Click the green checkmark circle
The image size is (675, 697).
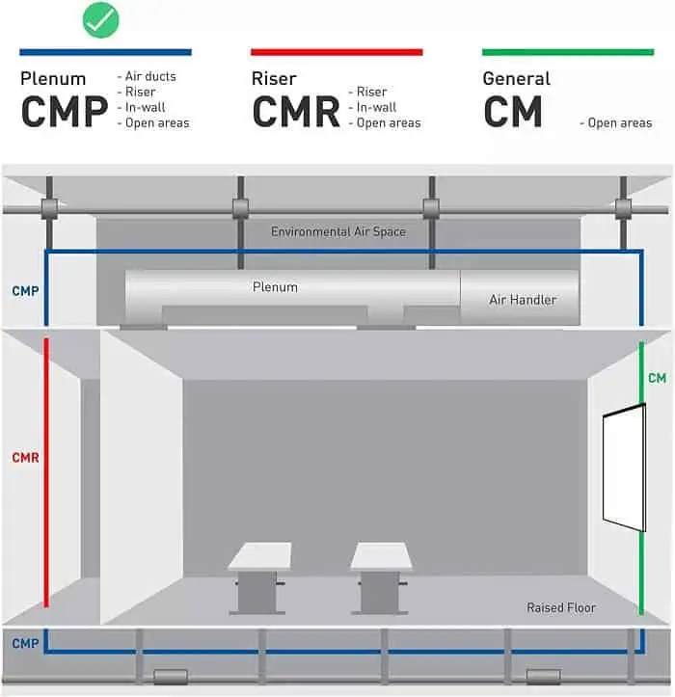click(x=100, y=19)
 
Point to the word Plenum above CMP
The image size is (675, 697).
click(x=53, y=79)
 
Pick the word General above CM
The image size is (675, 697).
click(x=517, y=79)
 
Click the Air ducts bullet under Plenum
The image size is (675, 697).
click(x=152, y=76)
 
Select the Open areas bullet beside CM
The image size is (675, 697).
click(x=620, y=123)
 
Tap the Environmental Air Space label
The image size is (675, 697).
click(x=337, y=231)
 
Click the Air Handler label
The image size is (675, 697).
click(x=523, y=300)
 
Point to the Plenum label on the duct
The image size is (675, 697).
click(x=275, y=286)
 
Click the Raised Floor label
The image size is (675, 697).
click(x=561, y=608)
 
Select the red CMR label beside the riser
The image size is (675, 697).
click(x=25, y=458)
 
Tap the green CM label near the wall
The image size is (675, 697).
click(x=657, y=378)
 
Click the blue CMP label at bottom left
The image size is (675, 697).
click(x=25, y=643)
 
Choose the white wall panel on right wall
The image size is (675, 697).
click(x=624, y=468)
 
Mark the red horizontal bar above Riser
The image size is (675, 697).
click(x=337, y=52)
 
